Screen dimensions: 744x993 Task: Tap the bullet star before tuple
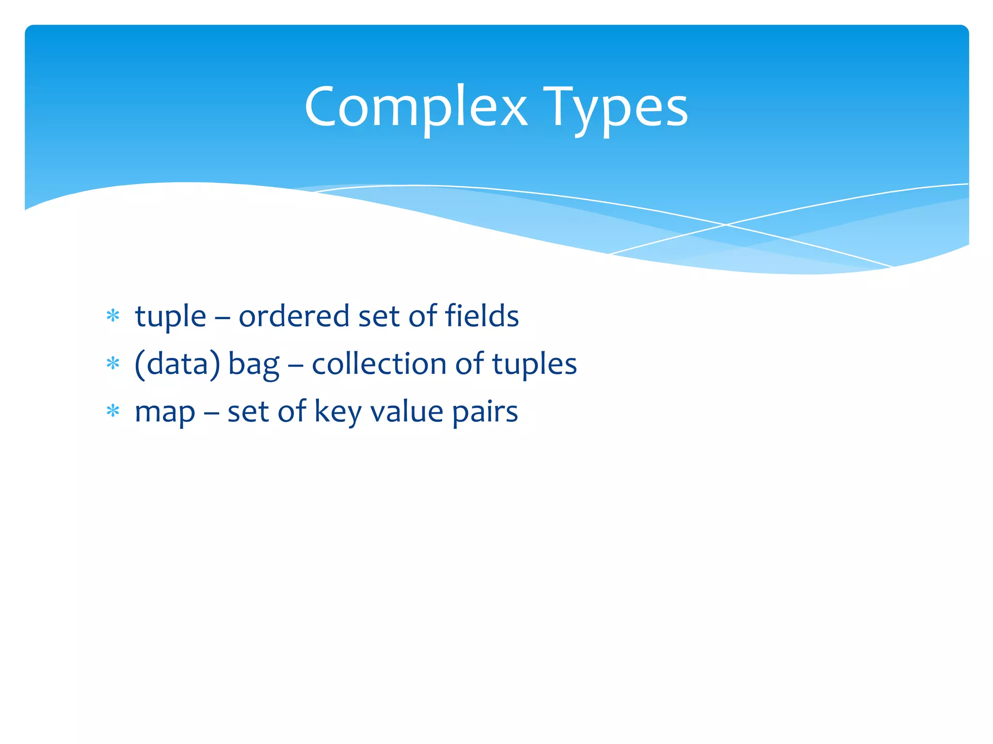click(113, 316)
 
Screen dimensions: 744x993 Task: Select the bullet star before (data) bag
click(113, 364)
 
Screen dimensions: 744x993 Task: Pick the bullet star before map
click(113, 411)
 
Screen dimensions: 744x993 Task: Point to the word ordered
click(294, 316)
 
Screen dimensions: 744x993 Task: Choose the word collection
click(379, 364)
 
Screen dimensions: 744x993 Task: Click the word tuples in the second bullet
click(534, 365)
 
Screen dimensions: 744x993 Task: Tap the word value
click(407, 412)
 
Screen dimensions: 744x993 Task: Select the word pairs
click(485, 413)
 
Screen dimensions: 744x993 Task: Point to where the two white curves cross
click(726, 225)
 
